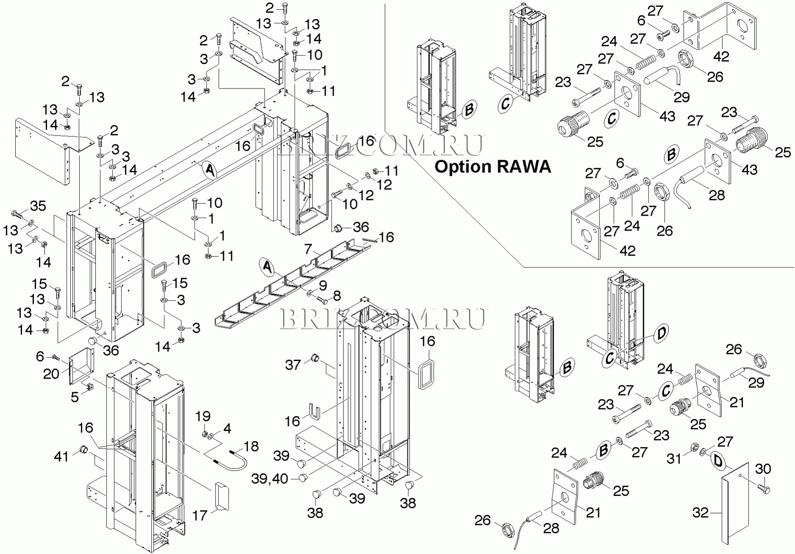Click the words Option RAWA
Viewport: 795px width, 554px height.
pyautogui.click(x=493, y=167)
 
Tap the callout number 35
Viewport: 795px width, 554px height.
pyautogui.click(x=38, y=206)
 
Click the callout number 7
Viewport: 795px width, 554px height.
pyautogui.click(x=308, y=249)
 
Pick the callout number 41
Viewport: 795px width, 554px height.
pyautogui.click(x=61, y=456)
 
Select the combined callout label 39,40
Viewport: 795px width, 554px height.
pyautogui.click(x=269, y=479)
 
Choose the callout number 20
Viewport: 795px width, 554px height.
pyautogui.click(x=51, y=373)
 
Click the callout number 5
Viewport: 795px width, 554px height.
pyautogui.click(x=75, y=397)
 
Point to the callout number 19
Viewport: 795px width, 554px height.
pyautogui.click(x=203, y=416)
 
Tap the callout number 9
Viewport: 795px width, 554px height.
pyautogui.click(x=323, y=285)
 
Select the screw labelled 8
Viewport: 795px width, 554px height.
pyautogui.click(x=322, y=301)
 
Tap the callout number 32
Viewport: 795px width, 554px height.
pyautogui.click(x=700, y=513)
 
